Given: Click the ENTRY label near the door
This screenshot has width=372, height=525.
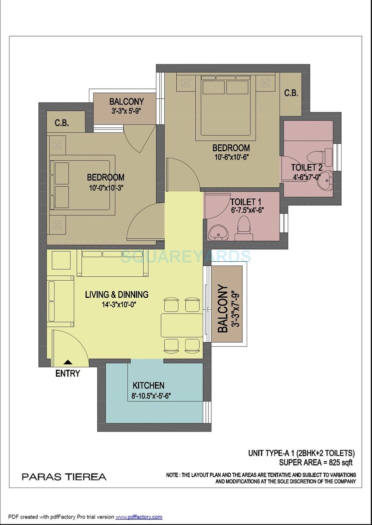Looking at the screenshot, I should click(67, 373).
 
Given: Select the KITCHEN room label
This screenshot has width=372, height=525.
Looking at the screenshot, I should click(148, 386).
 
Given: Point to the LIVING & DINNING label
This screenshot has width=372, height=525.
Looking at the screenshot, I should click(116, 294).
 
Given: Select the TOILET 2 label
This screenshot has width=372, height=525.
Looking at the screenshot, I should click(307, 168).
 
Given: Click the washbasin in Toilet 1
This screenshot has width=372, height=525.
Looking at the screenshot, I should click(218, 232).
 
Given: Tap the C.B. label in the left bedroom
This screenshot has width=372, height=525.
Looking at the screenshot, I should click(61, 123).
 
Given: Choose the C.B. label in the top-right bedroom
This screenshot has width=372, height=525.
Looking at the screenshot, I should click(291, 93).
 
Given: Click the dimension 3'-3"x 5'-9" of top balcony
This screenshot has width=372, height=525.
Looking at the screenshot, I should click(126, 111).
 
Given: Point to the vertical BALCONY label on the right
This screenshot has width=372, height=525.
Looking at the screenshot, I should click(222, 309).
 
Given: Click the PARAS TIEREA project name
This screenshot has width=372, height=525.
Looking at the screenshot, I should click(64, 477).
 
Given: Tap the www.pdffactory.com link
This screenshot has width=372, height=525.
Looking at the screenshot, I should click(139, 517).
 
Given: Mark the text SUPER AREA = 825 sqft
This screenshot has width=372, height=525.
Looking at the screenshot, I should click(319, 462).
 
